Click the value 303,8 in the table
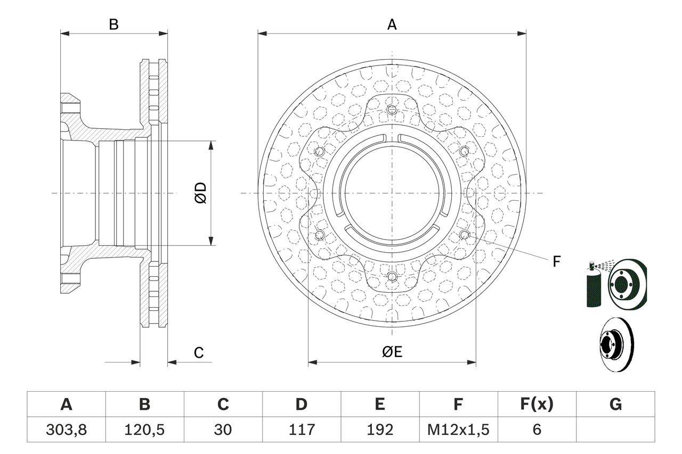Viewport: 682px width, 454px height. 66,430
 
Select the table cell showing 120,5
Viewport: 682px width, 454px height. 144,430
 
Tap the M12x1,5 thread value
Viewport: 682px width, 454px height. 458,430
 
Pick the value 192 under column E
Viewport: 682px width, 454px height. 380,430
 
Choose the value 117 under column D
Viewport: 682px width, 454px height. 302,430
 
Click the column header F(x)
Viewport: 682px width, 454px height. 537,405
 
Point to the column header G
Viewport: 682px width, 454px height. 615,405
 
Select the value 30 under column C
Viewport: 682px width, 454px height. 223,430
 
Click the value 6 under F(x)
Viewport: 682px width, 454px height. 537,430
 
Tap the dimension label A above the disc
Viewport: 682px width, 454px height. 392,24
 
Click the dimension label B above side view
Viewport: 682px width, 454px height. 113,24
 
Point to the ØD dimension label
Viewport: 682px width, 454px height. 201,193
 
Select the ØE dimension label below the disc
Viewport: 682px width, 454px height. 392,352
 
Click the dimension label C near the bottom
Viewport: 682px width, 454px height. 199,352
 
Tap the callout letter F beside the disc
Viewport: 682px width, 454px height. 557,261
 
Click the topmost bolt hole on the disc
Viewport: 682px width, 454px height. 392,110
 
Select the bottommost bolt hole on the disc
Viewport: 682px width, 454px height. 392,276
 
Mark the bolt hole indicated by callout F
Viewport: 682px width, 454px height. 464,235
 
